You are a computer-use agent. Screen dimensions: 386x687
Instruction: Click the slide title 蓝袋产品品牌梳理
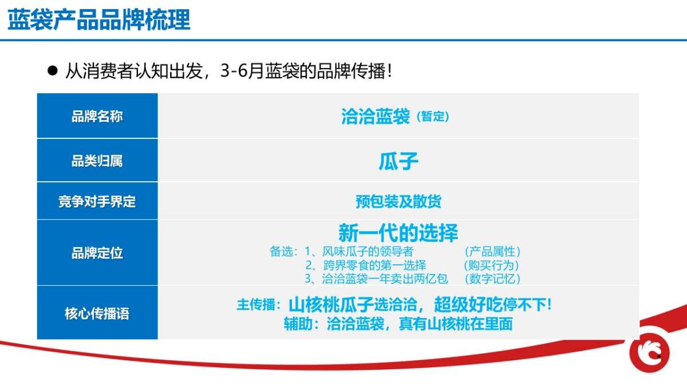[x=99, y=20]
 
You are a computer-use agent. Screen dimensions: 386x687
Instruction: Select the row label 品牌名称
[x=97, y=117]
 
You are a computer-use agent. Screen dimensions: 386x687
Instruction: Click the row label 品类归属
[x=97, y=161]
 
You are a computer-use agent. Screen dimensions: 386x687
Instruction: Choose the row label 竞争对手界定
[x=97, y=202]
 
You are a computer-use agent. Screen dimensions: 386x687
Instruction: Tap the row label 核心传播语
[x=97, y=313]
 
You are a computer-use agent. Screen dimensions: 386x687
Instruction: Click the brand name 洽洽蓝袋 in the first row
[x=376, y=117]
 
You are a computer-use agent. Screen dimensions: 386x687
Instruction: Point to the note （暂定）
[x=432, y=117]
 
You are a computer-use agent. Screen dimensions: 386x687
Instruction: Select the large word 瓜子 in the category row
[x=398, y=161]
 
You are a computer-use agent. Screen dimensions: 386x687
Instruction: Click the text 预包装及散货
[x=398, y=202]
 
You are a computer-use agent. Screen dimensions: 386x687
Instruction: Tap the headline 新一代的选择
[x=398, y=233]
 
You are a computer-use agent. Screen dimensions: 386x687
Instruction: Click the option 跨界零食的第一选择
[x=374, y=265]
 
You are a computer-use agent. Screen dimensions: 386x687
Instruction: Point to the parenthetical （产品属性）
[x=492, y=252]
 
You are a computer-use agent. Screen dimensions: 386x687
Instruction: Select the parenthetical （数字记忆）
[x=492, y=279]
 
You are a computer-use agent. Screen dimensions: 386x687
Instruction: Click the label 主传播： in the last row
[x=259, y=305]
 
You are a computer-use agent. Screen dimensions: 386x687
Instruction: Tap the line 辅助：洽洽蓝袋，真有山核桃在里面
[x=398, y=324]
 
